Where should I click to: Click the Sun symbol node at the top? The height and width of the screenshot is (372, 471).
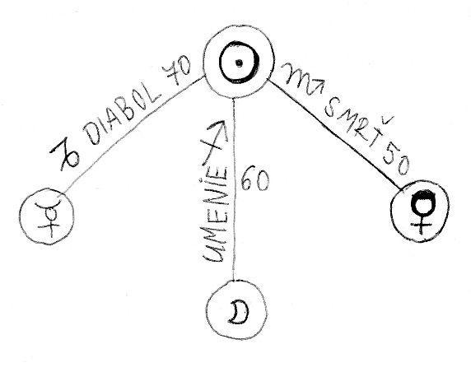[x=239, y=63]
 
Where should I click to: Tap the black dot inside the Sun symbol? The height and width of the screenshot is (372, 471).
[x=239, y=63]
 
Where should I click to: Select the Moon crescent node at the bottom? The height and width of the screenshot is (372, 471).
[x=236, y=310]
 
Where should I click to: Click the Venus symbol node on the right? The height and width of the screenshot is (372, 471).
[x=420, y=211]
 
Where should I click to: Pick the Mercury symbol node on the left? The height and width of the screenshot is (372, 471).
[x=47, y=216]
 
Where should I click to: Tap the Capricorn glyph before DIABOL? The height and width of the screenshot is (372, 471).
[x=67, y=156]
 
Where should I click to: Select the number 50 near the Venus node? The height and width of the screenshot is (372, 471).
[x=396, y=160]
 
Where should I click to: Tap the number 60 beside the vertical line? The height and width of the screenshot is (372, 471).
[x=255, y=178]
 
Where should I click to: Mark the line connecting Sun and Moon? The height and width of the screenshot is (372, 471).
[x=234, y=189]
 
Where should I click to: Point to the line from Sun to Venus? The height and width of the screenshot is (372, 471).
[x=337, y=135]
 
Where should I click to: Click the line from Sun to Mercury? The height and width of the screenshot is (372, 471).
[x=133, y=135]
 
